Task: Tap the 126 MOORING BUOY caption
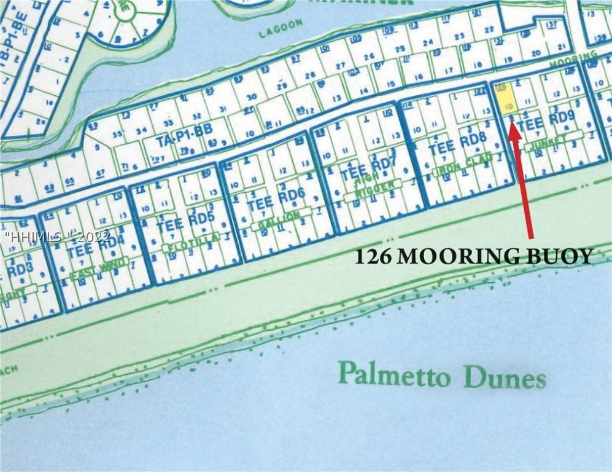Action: pyautogui.click(x=474, y=256)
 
